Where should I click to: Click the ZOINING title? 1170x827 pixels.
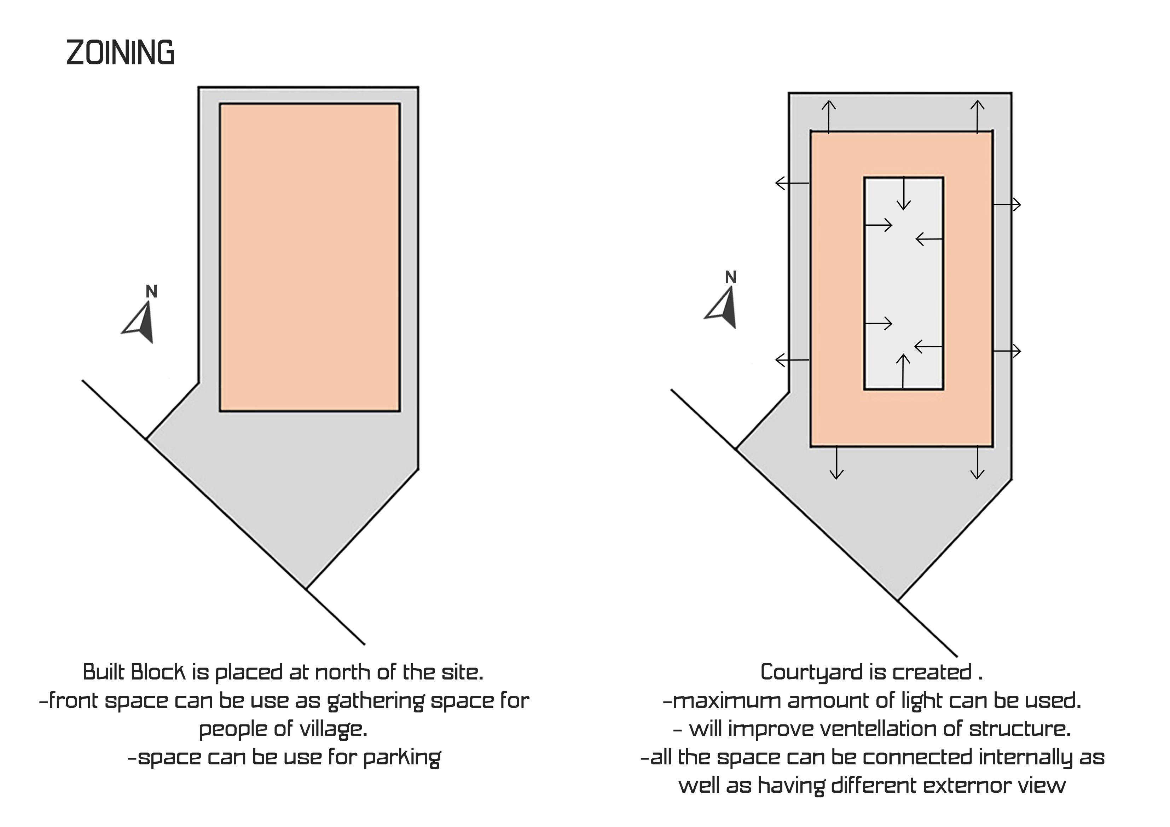(x=120, y=53)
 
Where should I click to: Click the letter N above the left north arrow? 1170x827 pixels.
(x=151, y=291)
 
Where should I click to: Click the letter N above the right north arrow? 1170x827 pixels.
(x=731, y=278)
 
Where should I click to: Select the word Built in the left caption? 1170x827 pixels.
(x=103, y=673)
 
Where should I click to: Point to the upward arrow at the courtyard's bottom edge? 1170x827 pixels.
(x=903, y=371)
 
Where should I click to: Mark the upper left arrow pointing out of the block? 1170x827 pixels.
(x=792, y=183)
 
